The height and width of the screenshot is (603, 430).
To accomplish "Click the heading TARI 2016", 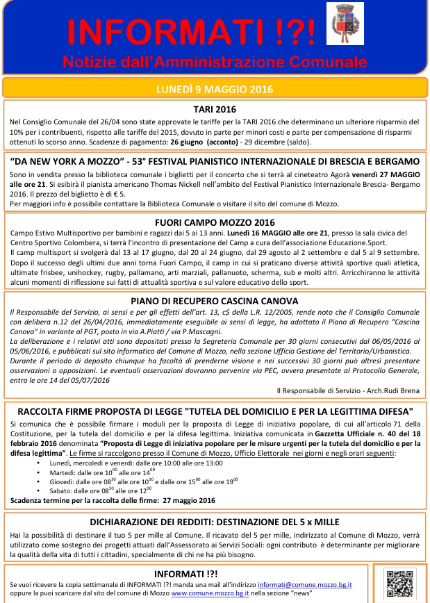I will [x=215, y=109].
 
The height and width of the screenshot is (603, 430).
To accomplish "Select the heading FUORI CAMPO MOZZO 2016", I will [x=215, y=222].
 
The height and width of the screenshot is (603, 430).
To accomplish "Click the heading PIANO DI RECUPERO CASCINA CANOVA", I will [x=215, y=301].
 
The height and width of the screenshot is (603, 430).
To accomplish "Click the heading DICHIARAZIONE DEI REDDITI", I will [x=215, y=522].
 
